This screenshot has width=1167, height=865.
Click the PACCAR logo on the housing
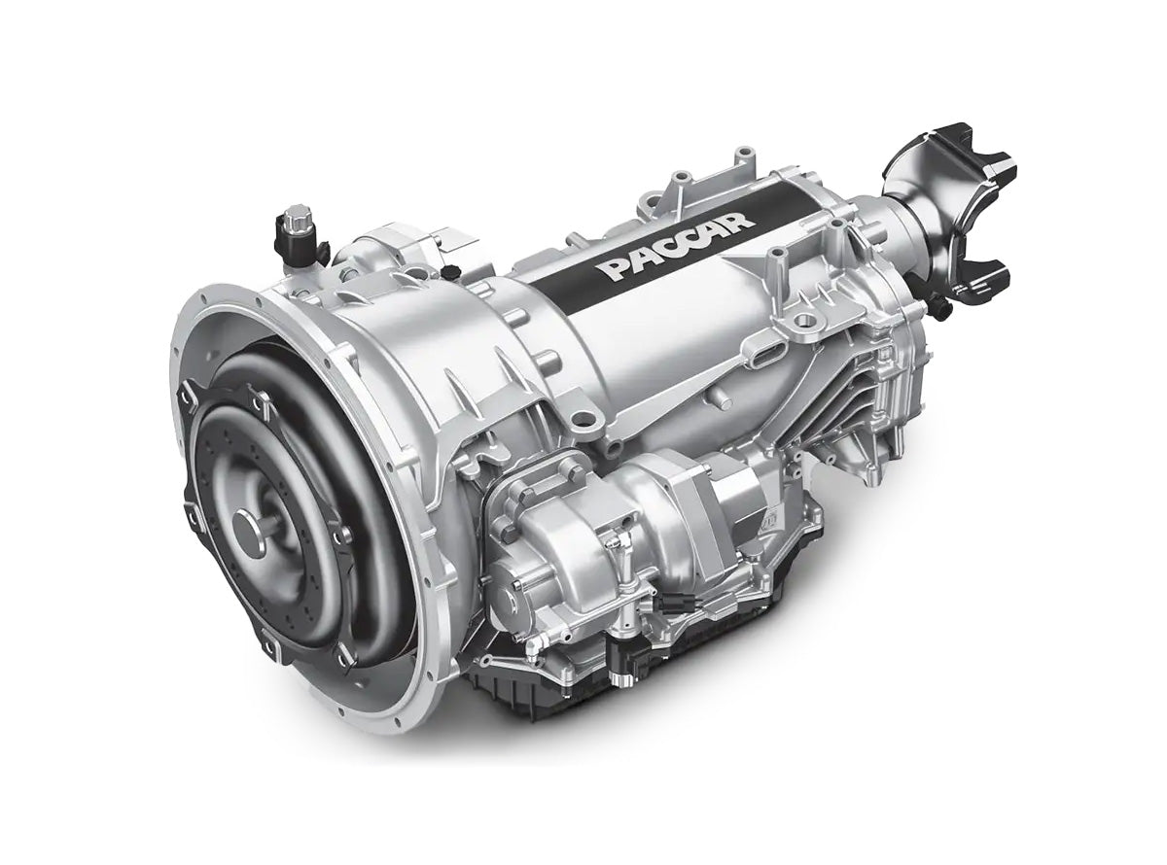[678, 245]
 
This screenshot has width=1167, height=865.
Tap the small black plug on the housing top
[450, 271]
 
